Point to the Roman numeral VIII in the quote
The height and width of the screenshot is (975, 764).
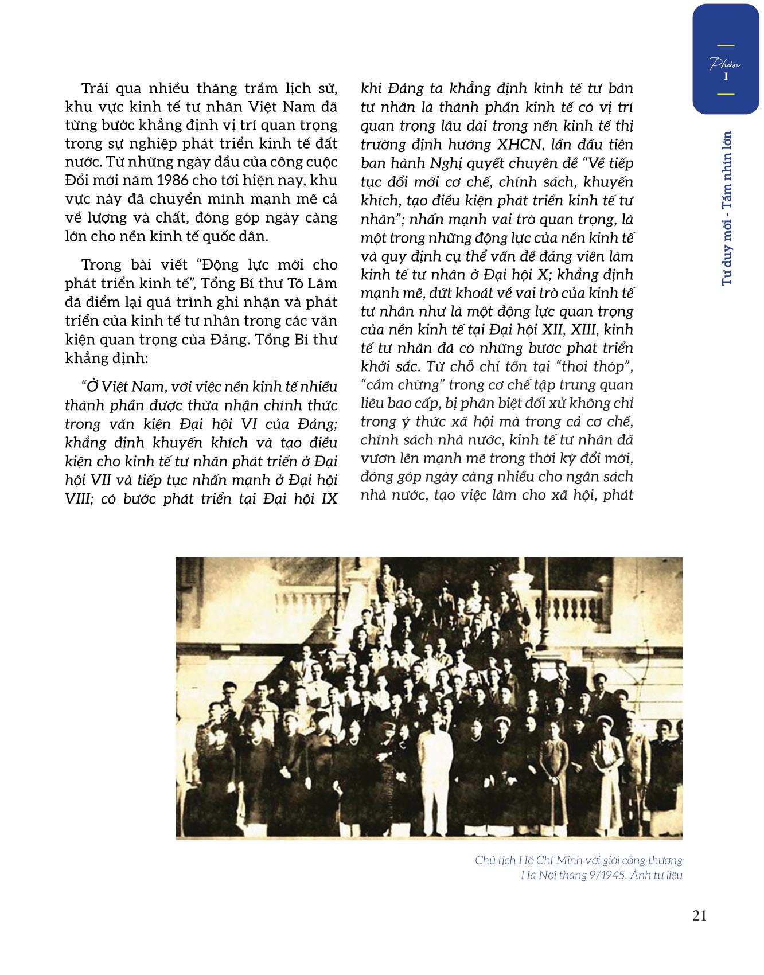[x=79, y=498]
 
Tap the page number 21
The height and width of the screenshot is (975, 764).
[x=699, y=916]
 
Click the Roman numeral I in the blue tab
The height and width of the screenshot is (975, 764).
[x=726, y=76]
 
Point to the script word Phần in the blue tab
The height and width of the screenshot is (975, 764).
[x=725, y=64]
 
